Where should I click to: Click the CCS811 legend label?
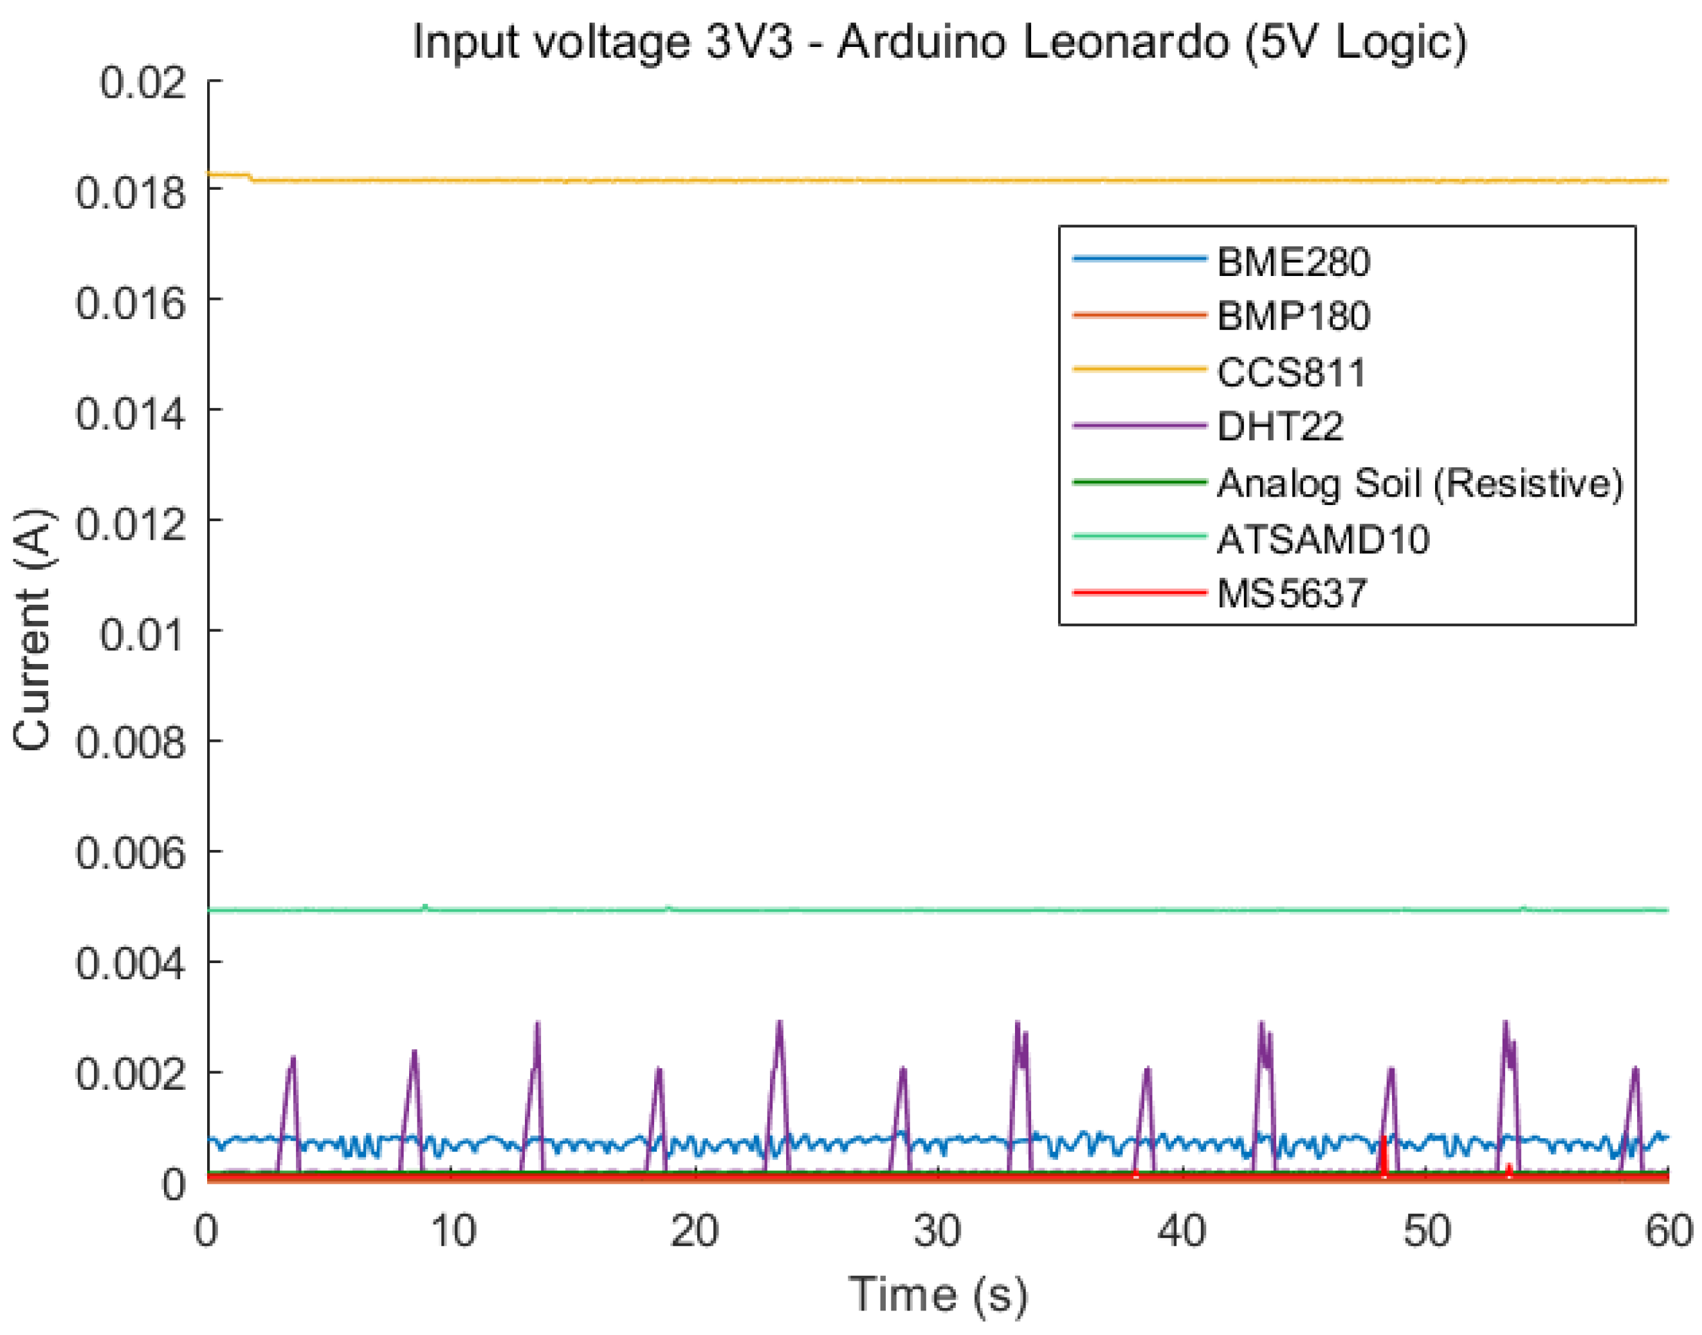[x=1291, y=373]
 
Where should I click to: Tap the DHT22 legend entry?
[x=1279, y=427]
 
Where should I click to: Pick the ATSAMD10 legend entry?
[x=1322, y=539]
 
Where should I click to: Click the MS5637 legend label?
[x=1291, y=594]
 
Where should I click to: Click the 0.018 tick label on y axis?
[x=131, y=192]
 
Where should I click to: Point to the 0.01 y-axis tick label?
[x=142, y=634]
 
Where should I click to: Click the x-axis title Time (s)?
[x=938, y=1294]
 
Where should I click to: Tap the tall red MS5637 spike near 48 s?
[x=1383, y=1154]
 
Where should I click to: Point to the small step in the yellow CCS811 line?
[x=250, y=178]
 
